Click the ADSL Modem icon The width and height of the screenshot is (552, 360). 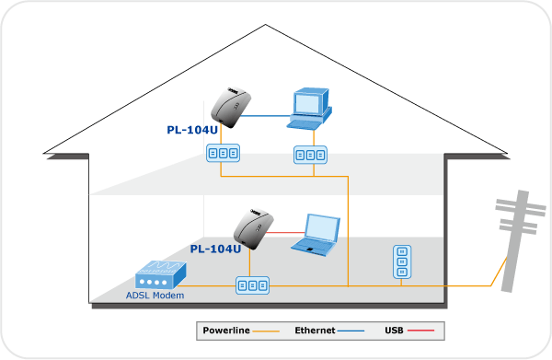coord(161,275)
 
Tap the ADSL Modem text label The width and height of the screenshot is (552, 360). coord(155,296)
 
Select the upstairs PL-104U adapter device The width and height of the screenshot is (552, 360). coord(231,108)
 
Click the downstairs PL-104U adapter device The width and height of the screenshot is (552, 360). coord(254,229)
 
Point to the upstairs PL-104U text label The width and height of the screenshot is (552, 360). coord(192,130)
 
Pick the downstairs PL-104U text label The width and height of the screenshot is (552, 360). coord(215,249)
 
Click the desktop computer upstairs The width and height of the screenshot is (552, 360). coord(310,109)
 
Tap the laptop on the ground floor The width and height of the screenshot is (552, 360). coord(316,235)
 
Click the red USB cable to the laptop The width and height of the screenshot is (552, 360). coord(285,233)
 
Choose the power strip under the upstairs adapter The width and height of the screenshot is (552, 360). coord(224,153)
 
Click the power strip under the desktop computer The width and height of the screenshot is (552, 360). coord(311,155)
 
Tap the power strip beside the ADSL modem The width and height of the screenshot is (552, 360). coord(252,285)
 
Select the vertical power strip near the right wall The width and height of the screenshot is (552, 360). coord(402,261)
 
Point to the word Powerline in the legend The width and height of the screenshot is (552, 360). coord(226,331)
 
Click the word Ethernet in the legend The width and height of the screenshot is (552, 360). coord(315,331)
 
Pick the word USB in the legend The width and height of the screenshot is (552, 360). coord(394,331)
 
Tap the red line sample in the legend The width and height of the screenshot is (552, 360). coord(420,331)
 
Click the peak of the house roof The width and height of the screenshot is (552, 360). coord(266,25)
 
